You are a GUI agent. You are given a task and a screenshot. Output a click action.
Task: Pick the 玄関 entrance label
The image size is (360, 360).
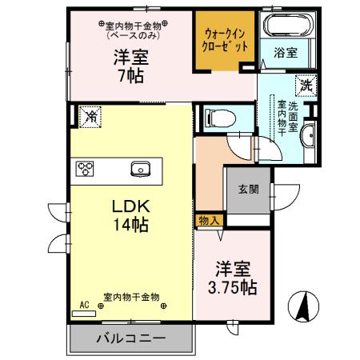(247, 190)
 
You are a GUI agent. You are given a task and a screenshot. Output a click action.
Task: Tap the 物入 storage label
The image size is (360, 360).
(210, 219)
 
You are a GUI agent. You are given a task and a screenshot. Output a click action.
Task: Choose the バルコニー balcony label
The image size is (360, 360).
(131, 338)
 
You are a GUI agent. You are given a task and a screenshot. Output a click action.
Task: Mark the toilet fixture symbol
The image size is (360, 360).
(214, 118)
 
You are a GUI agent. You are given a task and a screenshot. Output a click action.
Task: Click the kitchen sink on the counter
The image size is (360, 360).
(141, 168)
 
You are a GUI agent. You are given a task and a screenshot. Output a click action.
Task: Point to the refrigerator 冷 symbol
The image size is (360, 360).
(91, 117)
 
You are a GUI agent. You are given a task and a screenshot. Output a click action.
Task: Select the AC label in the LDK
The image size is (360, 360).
(83, 305)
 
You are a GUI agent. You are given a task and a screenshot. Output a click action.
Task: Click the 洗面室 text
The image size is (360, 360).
(294, 118)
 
